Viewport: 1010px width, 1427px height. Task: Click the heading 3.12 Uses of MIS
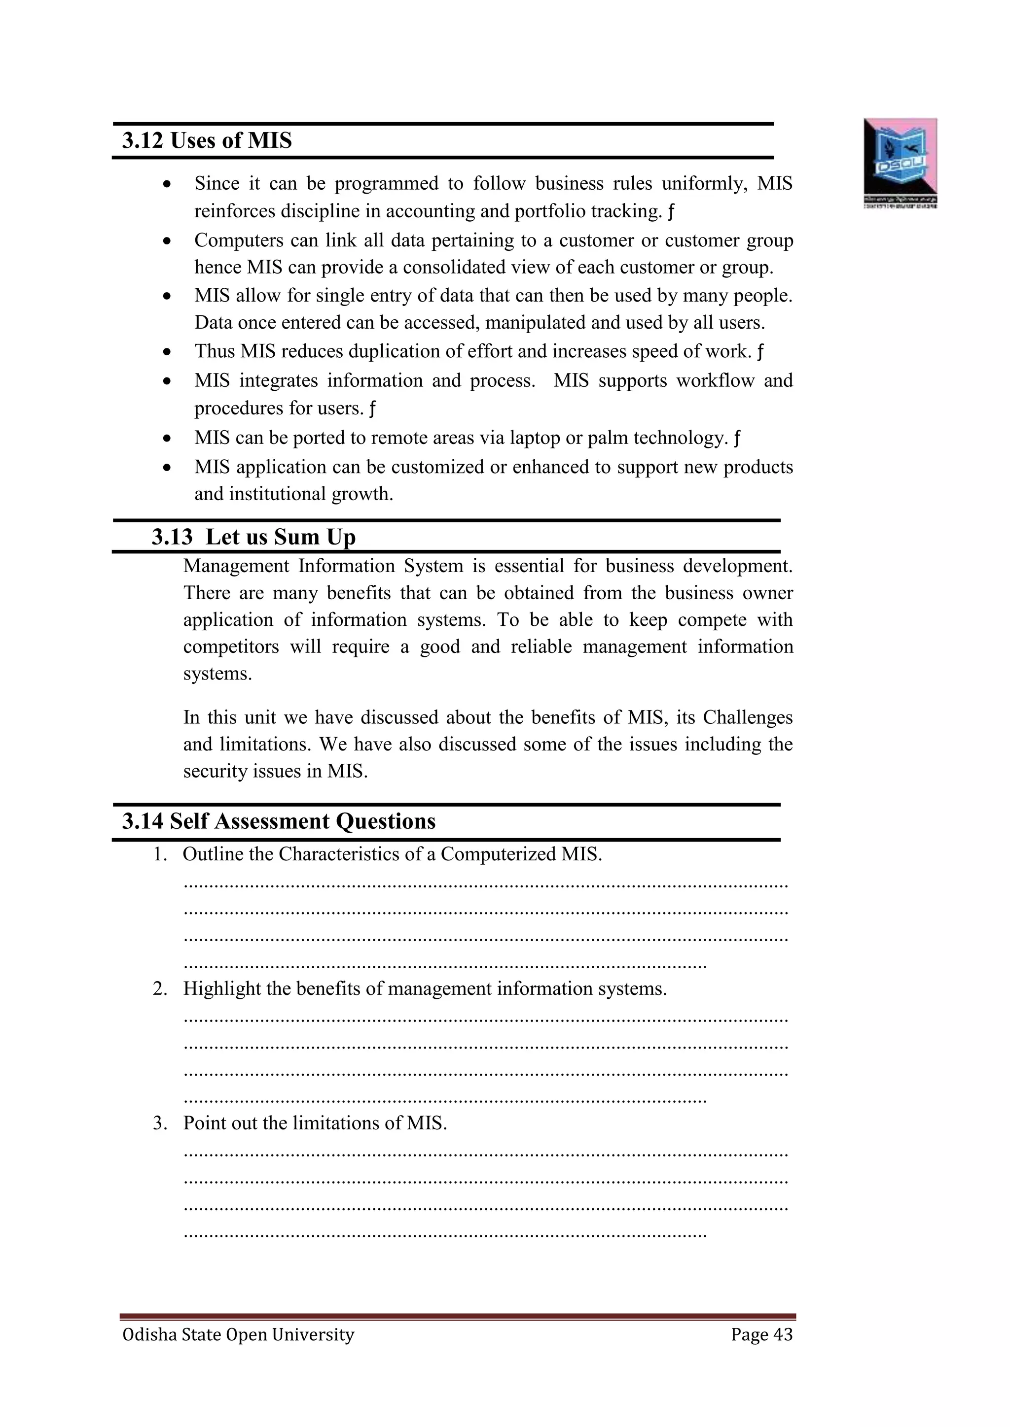pos(207,140)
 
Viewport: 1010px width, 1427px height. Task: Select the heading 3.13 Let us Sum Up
pos(254,537)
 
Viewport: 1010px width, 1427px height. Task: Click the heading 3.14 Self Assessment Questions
pos(279,821)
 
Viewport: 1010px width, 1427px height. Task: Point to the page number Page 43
pos(761,1334)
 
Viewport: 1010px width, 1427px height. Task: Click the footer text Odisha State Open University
pos(238,1334)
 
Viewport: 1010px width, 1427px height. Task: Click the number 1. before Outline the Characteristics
pos(160,854)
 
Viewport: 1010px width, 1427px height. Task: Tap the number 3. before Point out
pos(160,1123)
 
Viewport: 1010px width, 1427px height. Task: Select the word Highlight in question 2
pos(221,989)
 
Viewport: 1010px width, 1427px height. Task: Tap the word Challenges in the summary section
pos(748,717)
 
